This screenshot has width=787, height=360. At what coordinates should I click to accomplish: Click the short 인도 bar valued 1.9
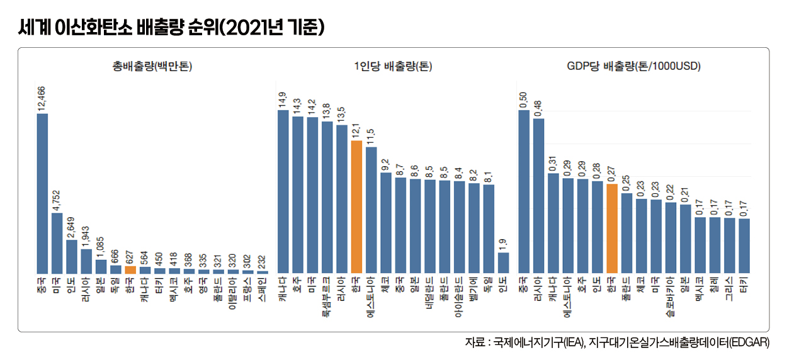(503, 262)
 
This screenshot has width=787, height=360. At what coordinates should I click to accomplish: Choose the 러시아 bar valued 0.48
(538, 195)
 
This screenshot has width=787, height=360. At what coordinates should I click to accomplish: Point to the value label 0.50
(524, 100)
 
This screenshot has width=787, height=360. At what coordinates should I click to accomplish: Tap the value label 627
(130, 256)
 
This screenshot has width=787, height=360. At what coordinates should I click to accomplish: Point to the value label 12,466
(42, 98)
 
